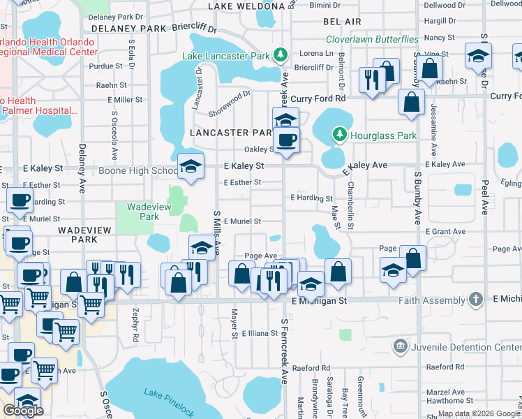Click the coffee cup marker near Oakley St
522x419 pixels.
coord(285,140)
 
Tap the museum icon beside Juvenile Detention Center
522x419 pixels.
coord(400,345)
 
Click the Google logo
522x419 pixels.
coord(24,411)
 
